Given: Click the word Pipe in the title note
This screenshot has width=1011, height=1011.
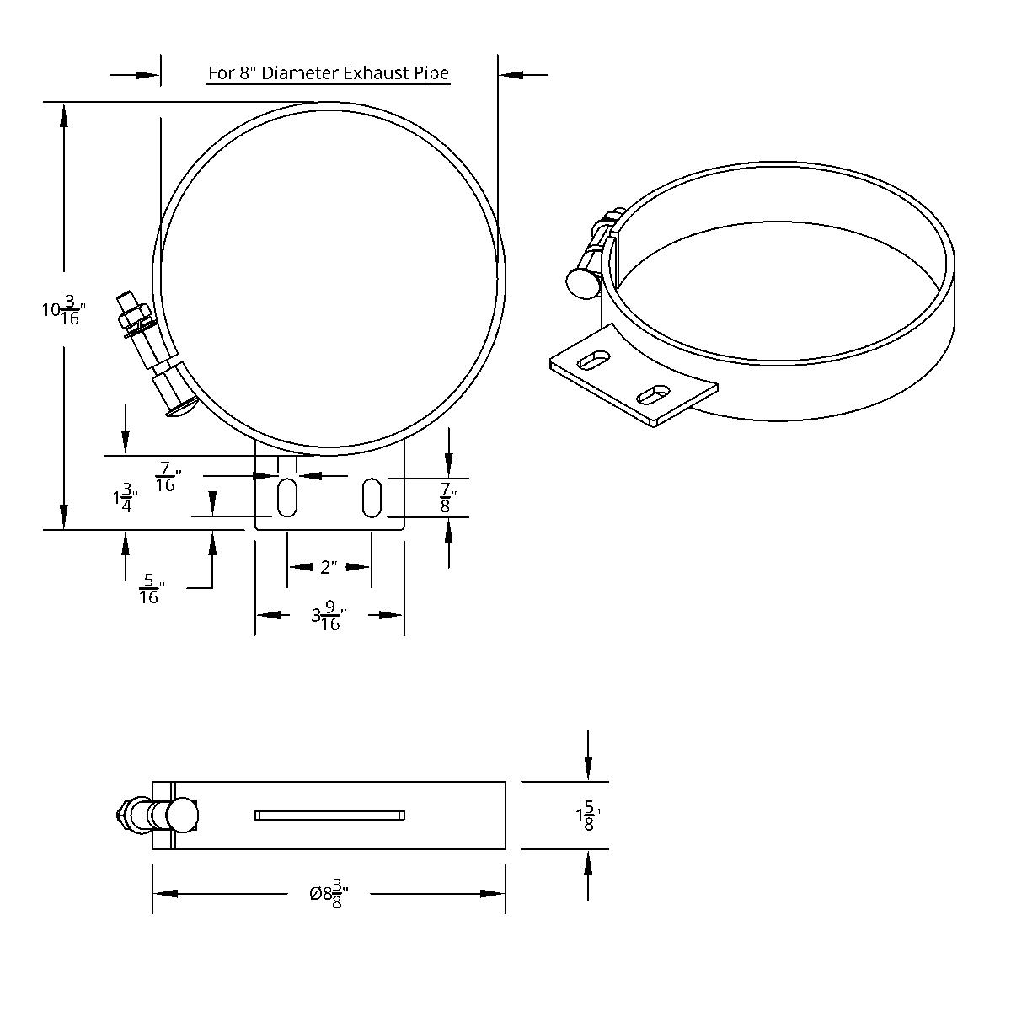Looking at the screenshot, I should (431, 73).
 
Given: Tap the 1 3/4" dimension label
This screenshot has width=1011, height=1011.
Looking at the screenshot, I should (125, 497).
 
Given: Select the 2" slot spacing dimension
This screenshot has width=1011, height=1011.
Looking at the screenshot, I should (329, 567).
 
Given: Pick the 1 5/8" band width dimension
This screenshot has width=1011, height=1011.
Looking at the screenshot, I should (587, 816).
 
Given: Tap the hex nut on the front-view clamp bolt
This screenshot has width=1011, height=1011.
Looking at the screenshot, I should (135, 318).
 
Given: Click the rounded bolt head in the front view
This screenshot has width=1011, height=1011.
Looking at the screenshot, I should (181, 410).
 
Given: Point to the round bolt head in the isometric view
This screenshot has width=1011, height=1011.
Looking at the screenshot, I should (582, 283).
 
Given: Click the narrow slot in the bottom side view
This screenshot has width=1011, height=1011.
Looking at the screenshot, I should (329, 815).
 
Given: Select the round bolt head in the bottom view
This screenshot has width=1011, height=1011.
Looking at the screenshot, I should (182, 816).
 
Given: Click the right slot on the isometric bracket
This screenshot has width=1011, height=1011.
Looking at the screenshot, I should (654, 393).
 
